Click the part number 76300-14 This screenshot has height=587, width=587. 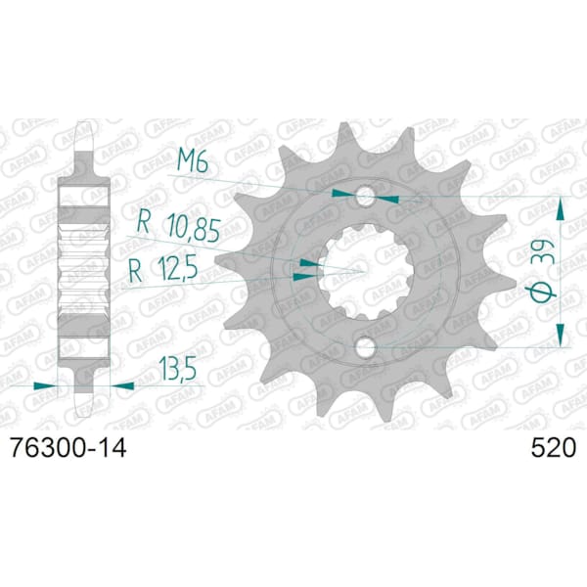(x=68, y=448)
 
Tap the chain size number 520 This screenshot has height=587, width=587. (x=553, y=448)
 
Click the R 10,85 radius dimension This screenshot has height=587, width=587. (x=178, y=227)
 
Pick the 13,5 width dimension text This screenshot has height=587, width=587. (x=177, y=369)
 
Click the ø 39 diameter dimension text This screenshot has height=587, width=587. (x=542, y=269)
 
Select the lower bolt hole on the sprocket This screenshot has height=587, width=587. (x=364, y=347)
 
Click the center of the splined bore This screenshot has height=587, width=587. (x=365, y=272)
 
